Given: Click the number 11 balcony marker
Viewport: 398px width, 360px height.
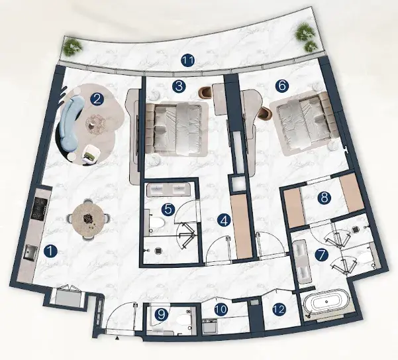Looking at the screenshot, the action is (188, 60).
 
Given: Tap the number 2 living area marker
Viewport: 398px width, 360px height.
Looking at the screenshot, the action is (97, 99).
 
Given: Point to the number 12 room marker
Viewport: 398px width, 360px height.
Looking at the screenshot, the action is (279, 309).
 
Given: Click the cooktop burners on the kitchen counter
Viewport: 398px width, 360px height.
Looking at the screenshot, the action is (38, 209).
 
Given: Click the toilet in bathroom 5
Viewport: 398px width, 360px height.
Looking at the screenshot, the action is (157, 223).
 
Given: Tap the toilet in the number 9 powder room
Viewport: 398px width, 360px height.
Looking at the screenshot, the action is (184, 320).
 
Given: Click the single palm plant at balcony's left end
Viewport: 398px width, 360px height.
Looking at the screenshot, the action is (73, 47).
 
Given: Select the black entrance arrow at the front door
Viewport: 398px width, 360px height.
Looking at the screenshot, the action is (117, 338).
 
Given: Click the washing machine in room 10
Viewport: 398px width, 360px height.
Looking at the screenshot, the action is (210, 326).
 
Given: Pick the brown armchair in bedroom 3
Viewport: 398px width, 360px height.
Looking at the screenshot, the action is (206, 92).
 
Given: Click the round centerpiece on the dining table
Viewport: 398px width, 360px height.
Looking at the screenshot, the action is (88, 218).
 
